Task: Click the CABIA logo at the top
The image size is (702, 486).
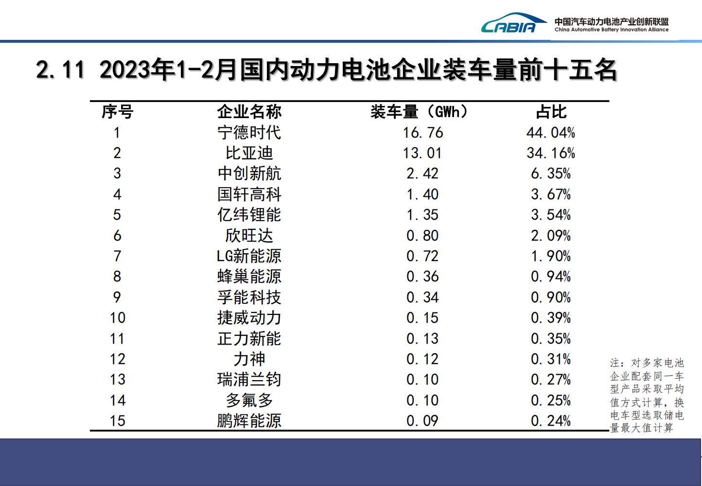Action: pyautogui.click(x=508, y=23)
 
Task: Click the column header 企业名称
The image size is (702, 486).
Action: pyautogui.click(x=249, y=112)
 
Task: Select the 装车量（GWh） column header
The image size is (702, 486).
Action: pyautogui.click(x=419, y=112)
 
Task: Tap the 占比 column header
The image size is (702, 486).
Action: pyautogui.click(x=551, y=112)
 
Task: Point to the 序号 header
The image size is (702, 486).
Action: pyautogui.click(x=117, y=112)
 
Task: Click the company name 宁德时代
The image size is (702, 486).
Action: pyautogui.click(x=249, y=133)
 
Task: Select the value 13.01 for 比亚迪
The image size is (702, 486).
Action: pyautogui.click(x=422, y=153)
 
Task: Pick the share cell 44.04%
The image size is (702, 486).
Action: pyautogui.click(x=550, y=133)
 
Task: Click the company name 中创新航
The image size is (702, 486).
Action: pyautogui.click(x=249, y=174)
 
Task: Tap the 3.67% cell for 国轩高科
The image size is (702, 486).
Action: pyautogui.click(x=550, y=194)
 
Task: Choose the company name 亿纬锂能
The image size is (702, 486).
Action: pyautogui.click(x=249, y=215)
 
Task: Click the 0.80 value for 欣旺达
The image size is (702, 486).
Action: pyautogui.click(x=422, y=236)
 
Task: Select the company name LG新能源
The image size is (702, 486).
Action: pyautogui.click(x=249, y=256)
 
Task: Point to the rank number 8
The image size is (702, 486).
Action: pyautogui.click(x=117, y=277)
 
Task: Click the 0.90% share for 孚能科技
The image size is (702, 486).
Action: pyautogui.click(x=550, y=297)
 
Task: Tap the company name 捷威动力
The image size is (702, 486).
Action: pyautogui.click(x=249, y=318)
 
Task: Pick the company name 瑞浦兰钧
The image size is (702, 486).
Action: pyautogui.click(x=249, y=380)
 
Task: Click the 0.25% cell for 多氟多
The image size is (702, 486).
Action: pyautogui.click(x=550, y=400)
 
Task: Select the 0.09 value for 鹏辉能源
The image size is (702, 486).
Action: pyautogui.click(x=422, y=421)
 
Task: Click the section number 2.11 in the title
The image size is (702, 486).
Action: pyautogui.click(x=60, y=70)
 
